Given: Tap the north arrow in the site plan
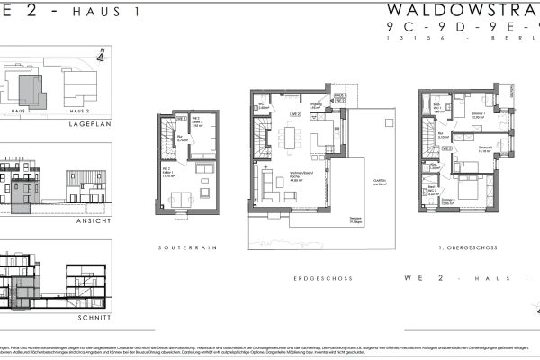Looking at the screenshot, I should (x=101, y=56).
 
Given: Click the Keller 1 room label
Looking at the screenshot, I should (x=167, y=175).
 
